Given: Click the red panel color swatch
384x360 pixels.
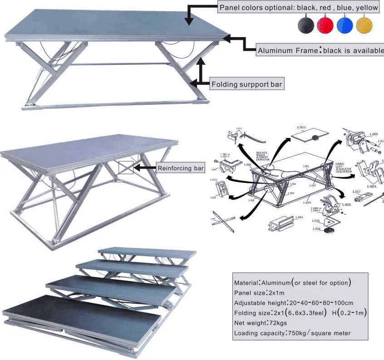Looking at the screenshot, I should coord(326,25).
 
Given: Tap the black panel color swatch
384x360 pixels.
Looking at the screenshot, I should coord(306,25).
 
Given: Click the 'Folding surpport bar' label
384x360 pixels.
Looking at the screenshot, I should coord(246,84).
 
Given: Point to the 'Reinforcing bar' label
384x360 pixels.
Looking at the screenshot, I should coord(180,168).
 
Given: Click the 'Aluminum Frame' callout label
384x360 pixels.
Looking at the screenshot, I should coord(320,50).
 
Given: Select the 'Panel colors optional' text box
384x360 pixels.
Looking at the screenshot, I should coord(298,8).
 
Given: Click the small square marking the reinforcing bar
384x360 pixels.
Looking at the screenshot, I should coord(126,168).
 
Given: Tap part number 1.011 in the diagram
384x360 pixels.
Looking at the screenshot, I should coord(302,127).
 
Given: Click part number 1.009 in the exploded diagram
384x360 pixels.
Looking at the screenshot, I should coord(373,134).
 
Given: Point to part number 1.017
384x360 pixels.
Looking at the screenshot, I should coord(356,191).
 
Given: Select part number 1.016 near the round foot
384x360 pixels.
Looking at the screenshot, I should coord(316,229).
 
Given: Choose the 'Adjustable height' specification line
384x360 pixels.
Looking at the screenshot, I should coord(294,302).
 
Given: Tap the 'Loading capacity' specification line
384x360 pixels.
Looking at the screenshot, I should coord(292,333).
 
